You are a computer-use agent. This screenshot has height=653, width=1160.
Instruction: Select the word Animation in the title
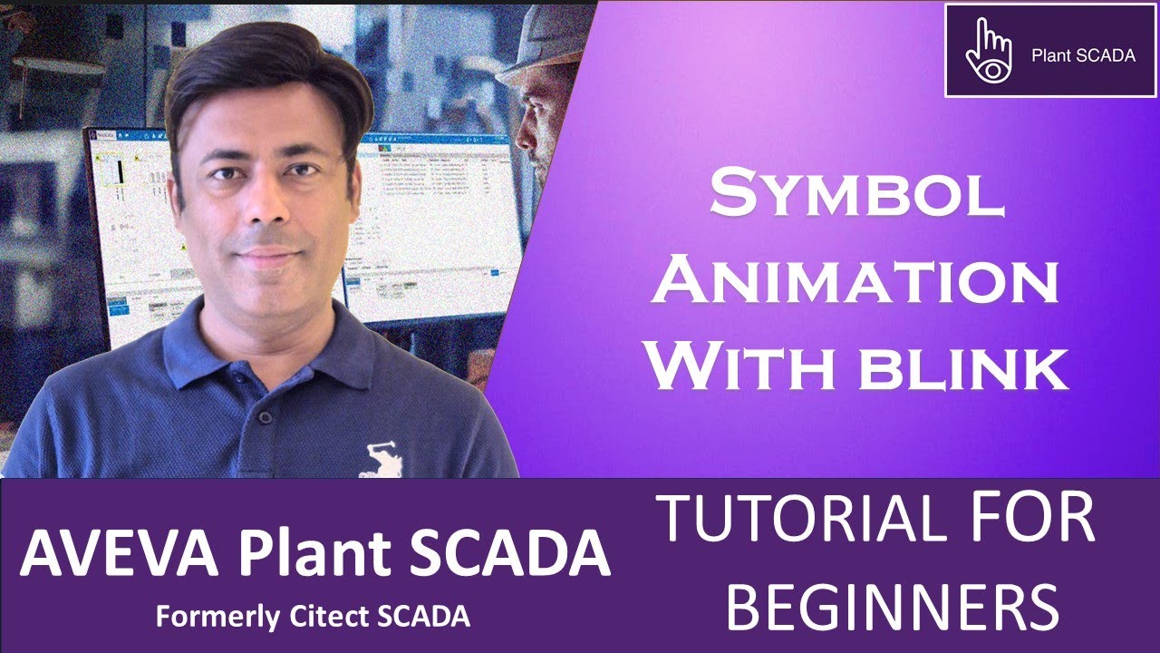[x=856, y=284]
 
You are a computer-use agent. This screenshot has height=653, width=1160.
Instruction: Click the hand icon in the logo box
[x=986, y=51]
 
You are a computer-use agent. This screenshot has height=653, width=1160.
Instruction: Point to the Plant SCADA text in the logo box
[x=1083, y=55]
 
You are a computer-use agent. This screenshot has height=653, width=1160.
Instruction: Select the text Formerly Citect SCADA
[x=313, y=617]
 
